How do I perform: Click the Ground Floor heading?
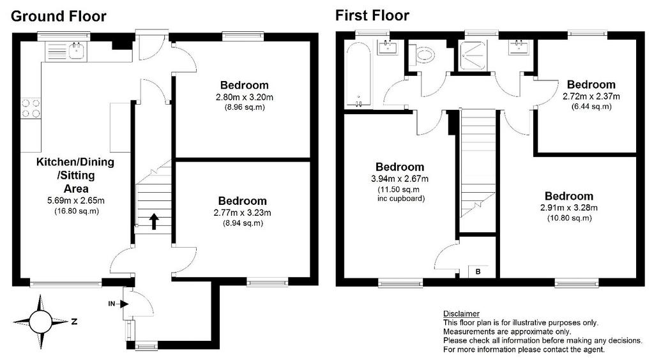(58, 16)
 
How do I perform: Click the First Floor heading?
(372, 16)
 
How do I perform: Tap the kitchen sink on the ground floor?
(77, 51)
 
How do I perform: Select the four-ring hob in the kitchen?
(31, 108)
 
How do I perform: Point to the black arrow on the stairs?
(154, 221)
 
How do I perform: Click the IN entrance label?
(112, 304)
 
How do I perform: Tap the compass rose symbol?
(41, 321)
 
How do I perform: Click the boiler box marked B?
(478, 272)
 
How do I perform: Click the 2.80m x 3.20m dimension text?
(245, 98)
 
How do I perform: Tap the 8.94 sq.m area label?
(243, 223)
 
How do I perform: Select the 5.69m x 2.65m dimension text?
(76, 200)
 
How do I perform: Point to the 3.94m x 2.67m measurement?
(400, 179)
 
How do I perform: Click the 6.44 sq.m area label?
(591, 107)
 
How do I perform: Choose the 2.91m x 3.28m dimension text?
(569, 207)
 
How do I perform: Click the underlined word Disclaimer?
(461, 314)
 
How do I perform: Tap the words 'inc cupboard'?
(401, 199)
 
